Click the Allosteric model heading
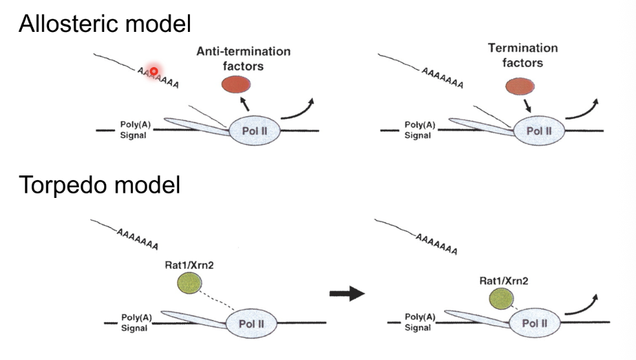[104, 24]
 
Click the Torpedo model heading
[100, 185]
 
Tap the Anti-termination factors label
[243, 58]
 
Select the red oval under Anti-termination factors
[236, 84]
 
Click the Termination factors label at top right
[522, 55]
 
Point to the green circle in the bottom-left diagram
[189, 284]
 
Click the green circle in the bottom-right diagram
[501, 300]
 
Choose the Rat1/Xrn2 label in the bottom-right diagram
[504, 281]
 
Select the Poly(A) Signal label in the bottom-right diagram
[419, 323]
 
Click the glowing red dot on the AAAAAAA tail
[154, 70]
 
